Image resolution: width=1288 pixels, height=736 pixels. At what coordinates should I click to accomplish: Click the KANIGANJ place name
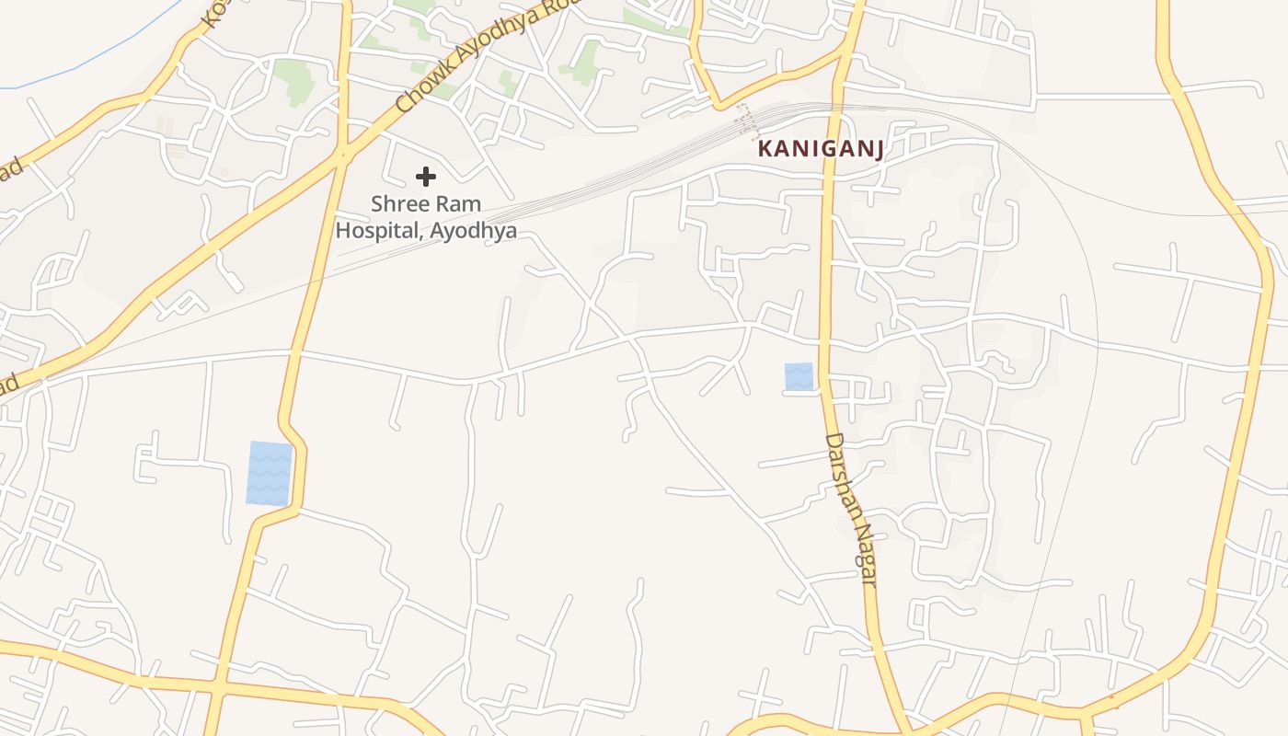pyautogui.click(x=821, y=149)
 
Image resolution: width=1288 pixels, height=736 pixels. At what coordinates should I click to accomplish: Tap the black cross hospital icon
pyautogui.click(x=425, y=176)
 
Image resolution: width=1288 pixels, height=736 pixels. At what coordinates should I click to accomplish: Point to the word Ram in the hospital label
pyautogui.click(x=460, y=204)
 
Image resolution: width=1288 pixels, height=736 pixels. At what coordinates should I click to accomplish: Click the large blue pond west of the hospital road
pyautogui.click(x=270, y=473)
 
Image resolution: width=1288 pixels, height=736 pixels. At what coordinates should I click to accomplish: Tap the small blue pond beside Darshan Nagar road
pyautogui.click(x=799, y=376)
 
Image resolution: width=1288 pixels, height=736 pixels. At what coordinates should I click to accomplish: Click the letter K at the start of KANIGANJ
pyautogui.click(x=765, y=149)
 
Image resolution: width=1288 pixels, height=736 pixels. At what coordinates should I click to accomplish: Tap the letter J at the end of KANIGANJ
pyautogui.click(x=878, y=150)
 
